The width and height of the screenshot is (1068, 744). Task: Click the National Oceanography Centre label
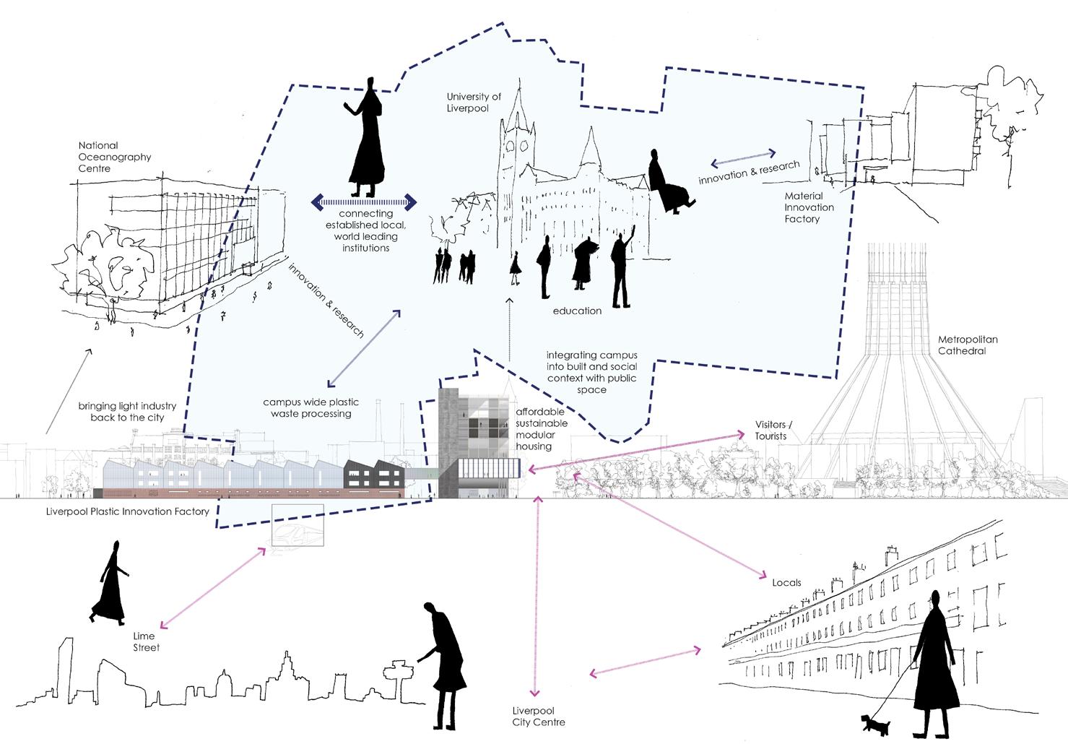pyautogui.click(x=114, y=157)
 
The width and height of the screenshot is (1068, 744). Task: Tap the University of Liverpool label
pyautogui.click(x=473, y=103)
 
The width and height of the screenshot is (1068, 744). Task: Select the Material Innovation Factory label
pyautogui.click(x=809, y=207)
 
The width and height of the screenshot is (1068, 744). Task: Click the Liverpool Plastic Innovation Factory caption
pyautogui.click(x=127, y=511)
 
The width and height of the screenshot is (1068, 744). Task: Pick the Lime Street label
pyautogui.click(x=146, y=641)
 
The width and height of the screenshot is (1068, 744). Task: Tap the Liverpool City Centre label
pyautogui.click(x=538, y=717)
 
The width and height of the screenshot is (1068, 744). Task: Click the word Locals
pyautogui.click(x=786, y=582)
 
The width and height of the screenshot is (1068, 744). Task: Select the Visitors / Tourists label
pyautogui.click(x=774, y=430)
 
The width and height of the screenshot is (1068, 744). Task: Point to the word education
pyautogui.click(x=577, y=311)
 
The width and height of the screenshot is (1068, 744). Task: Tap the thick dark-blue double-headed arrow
pyautogui.click(x=364, y=202)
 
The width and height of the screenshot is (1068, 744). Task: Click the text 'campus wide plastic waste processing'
pyautogui.click(x=311, y=408)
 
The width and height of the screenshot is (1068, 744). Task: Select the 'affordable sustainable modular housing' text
pyautogui.click(x=542, y=429)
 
